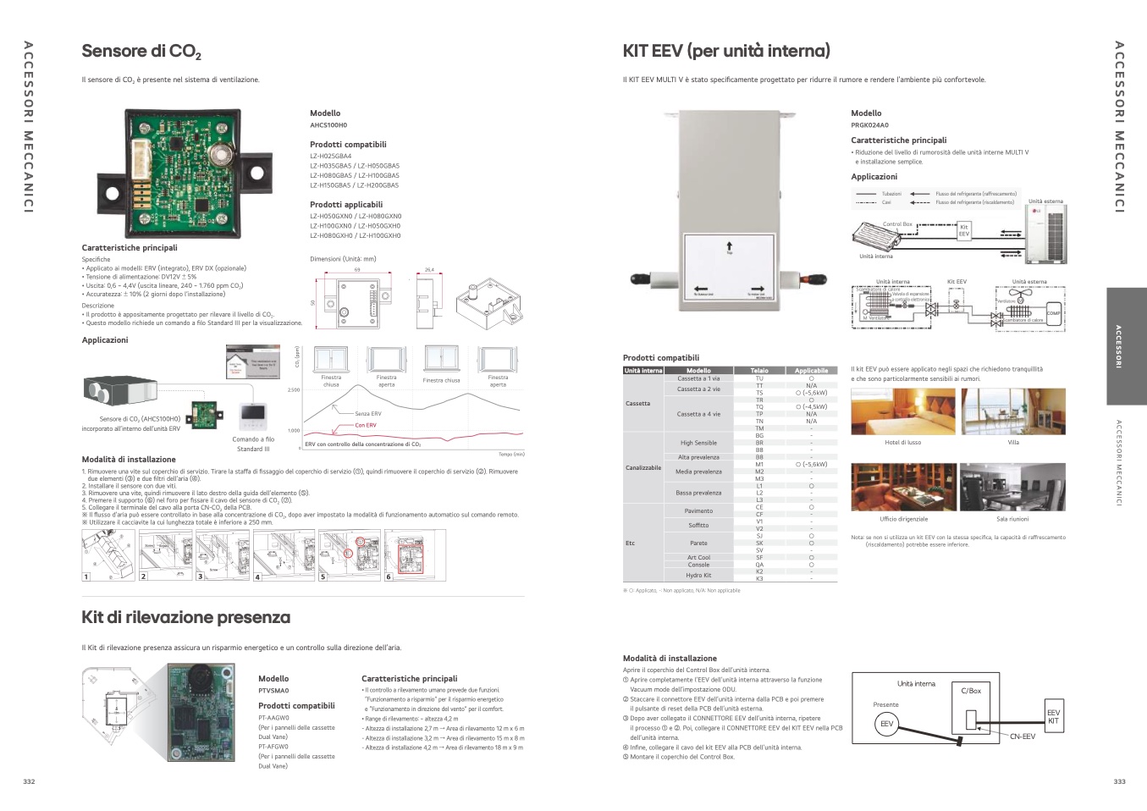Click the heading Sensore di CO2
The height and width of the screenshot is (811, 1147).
(x=141, y=52)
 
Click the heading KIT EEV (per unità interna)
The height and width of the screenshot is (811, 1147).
(x=726, y=51)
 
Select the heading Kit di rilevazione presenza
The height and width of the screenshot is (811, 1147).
(x=185, y=618)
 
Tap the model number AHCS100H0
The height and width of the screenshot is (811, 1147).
(x=328, y=125)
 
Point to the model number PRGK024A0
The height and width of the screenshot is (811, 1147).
(x=869, y=125)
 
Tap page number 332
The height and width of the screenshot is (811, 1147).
(x=29, y=781)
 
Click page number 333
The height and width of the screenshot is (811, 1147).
(x=1119, y=781)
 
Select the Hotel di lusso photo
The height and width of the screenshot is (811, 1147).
(x=902, y=411)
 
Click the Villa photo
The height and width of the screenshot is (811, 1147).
(x=1013, y=411)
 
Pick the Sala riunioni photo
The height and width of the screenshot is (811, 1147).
(x=1012, y=488)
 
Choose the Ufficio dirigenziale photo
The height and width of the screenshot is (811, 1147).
(x=902, y=488)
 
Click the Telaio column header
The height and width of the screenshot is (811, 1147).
(x=759, y=371)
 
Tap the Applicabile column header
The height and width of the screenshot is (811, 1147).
(x=811, y=371)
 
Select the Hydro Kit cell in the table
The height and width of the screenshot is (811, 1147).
(x=698, y=575)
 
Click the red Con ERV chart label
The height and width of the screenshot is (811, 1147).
(x=366, y=425)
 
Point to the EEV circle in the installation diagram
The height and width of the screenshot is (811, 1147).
(x=886, y=724)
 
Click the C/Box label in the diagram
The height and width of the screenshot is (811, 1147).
(x=971, y=691)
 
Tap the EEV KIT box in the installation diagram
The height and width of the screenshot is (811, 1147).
(x=1053, y=716)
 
